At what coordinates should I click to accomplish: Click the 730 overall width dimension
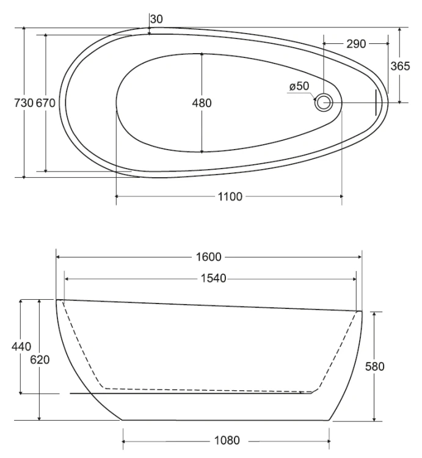pyautogui.click(x=23, y=103)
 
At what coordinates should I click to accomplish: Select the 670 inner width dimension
pyautogui.click(x=46, y=103)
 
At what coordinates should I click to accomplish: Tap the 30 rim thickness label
pyautogui.click(x=156, y=20)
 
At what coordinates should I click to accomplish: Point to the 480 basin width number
pyautogui.click(x=202, y=103)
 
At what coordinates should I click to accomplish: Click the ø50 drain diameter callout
pyautogui.click(x=299, y=86)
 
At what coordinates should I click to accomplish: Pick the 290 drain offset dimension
pyautogui.click(x=356, y=44)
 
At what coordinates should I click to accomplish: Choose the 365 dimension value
pyautogui.click(x=400, y=67)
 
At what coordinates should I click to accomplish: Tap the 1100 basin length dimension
pyautogui.click(x=230, y=197)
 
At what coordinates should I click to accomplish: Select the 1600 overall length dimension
pyautogui.click(x=208, y=256)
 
